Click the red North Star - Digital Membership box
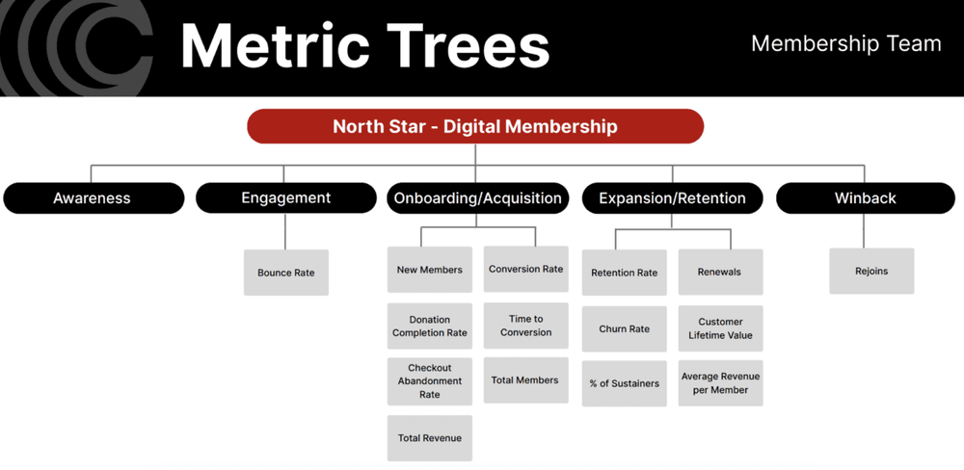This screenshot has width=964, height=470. pyautogui.click(x=475, y=126)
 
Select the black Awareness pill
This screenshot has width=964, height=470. pyautogui.click(x=93, y=198)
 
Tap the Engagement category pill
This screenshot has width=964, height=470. pyautogui.click(x=285, y=198)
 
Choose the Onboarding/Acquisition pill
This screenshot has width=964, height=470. pyautogui.click(x=478, y=198)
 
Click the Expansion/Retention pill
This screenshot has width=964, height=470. pyautogui.click(x=672, y=198)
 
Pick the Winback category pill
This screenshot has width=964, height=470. pyautogui.click(x=865, y=198)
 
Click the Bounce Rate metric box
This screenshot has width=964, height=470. pyautogui.click(x=285, y=273)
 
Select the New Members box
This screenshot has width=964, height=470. pyautogui.click(x=429, y=270)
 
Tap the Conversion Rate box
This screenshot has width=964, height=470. pyautogui.click(x=525, y=270)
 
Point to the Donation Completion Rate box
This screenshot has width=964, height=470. pyautogui.click(x=429, y=326)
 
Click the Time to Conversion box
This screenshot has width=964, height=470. pyautogui.click(x=525, y=326)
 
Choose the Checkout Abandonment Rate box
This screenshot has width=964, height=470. pyautogui.click(x=429, y=381)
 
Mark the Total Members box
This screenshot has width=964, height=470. pyautogui.click(x=525, y=380)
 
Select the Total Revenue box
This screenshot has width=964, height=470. pyautogui.click(x=429, y=438)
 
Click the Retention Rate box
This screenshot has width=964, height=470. pyautogui.click(x=624, y=273)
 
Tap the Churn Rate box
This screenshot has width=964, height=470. pyautogui.click(x=624, y=328)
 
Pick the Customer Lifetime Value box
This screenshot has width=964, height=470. pyautogui.click(x=720, y=328)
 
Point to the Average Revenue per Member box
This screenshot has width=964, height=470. pyautogui.click(x=720, y=383)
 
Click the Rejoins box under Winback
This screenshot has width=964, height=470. pyautogui.click(x=871, y=272)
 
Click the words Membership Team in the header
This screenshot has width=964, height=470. pyautogui.click(x=845, y=44)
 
